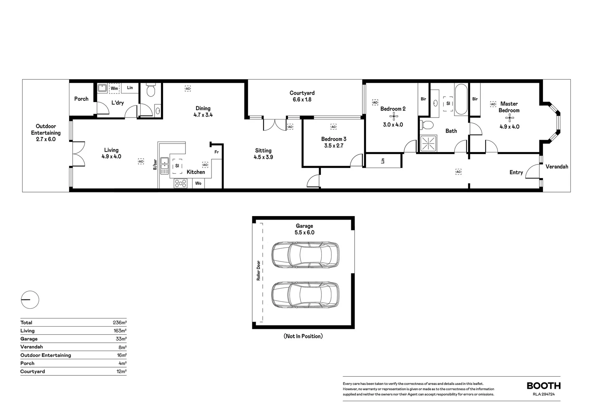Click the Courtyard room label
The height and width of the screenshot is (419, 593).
coord(302,93)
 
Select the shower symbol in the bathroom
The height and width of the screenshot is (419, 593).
coord(429,143)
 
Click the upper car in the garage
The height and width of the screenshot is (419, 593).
coord(305,255)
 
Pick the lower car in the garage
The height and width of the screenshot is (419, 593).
coord(305,295)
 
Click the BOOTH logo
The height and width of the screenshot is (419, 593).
coord(543,386)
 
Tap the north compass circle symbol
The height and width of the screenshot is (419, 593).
coord(30,300)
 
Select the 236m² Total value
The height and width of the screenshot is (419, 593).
coord(120,323)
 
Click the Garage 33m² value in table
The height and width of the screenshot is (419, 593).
coord(121,339)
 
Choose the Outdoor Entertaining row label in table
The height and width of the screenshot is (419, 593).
coord(46,355)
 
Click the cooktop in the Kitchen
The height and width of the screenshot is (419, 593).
coord(180,183)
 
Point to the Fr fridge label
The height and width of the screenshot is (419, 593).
coord(217,152)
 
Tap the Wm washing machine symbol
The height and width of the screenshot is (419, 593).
coord(114,88)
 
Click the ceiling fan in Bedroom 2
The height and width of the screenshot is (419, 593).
coord(393,117)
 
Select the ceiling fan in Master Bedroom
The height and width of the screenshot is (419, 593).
coord(509,118)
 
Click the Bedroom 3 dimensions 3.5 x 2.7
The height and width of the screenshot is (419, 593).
coord(334,146)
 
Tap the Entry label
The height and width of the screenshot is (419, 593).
coord(516,173)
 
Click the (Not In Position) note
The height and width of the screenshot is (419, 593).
coord(303,336)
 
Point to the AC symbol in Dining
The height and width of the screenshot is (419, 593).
coord(188,89)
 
